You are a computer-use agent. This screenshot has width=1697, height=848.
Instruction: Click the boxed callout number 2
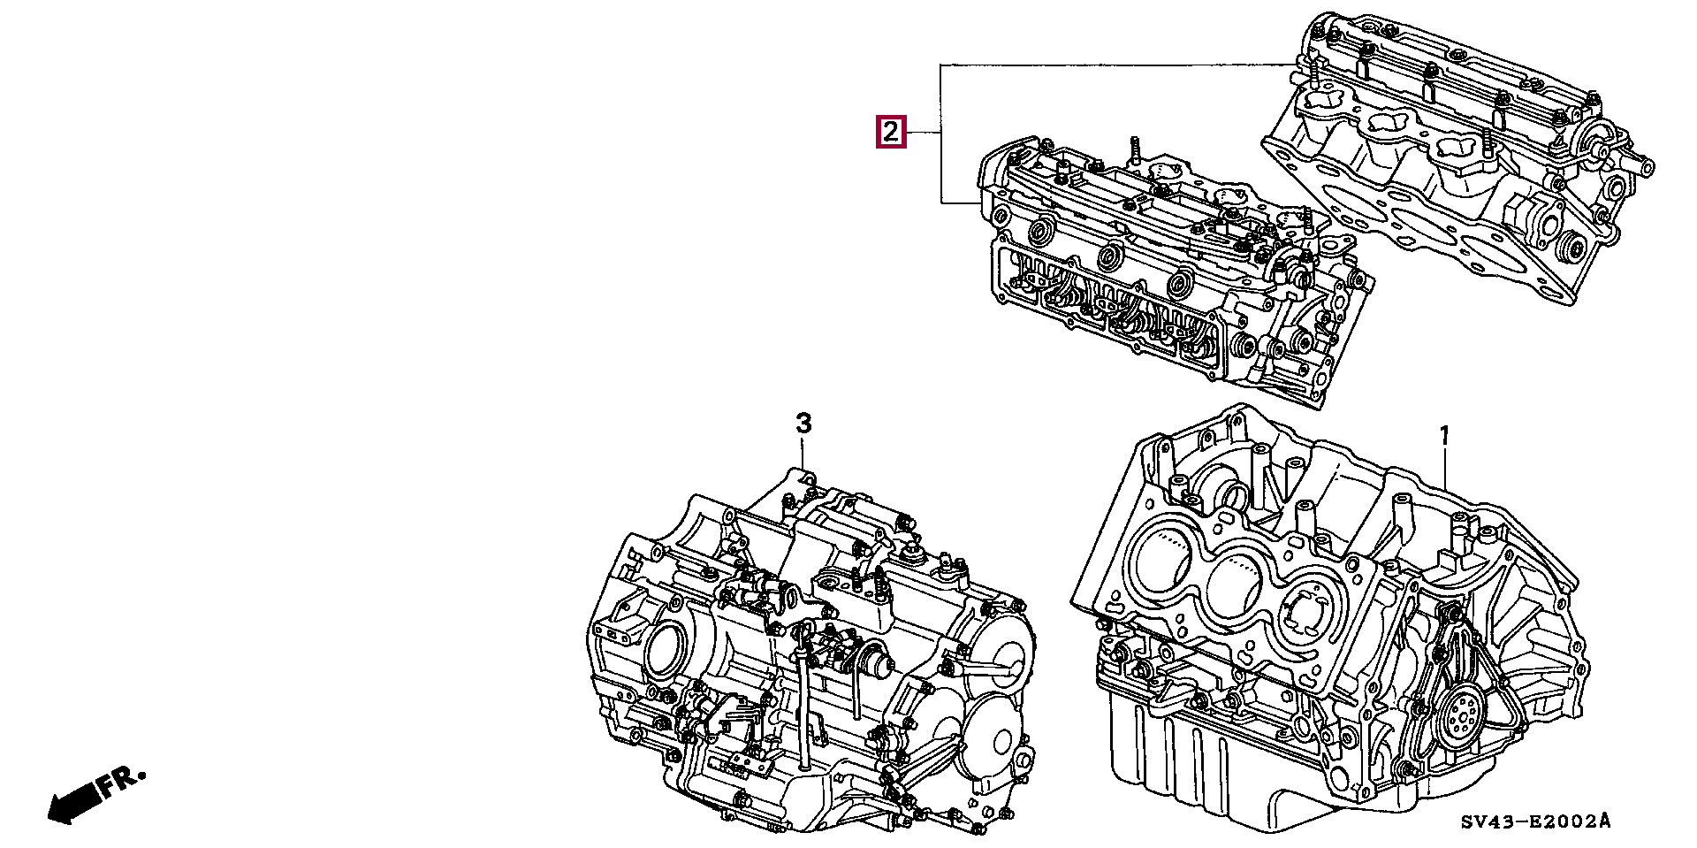pyautogui.click(x=890, y=133)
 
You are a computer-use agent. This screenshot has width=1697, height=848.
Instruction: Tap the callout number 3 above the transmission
pyautogui.click(x=803, y=424)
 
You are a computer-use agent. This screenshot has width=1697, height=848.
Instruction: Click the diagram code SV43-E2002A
pyautogui.click(x=1534, y=822)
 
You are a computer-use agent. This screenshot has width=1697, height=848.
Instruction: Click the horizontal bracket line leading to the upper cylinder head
pyautogui.click(x=1114, y=65)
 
